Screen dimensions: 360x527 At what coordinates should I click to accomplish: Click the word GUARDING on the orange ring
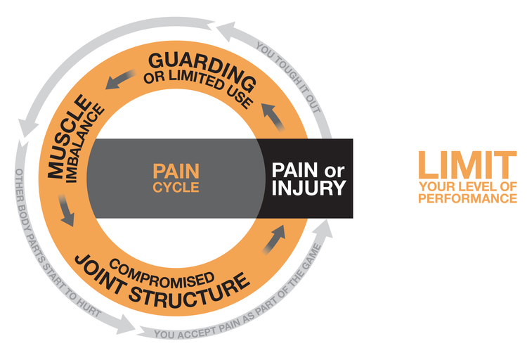point(190,64)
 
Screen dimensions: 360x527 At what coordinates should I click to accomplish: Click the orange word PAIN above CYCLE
point(176,171)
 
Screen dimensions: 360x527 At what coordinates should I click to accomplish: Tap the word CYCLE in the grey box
point(176,188)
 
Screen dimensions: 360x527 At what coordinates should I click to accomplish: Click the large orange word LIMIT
point(467,165)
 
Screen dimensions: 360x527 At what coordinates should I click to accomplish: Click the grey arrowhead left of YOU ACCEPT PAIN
point(126,323)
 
